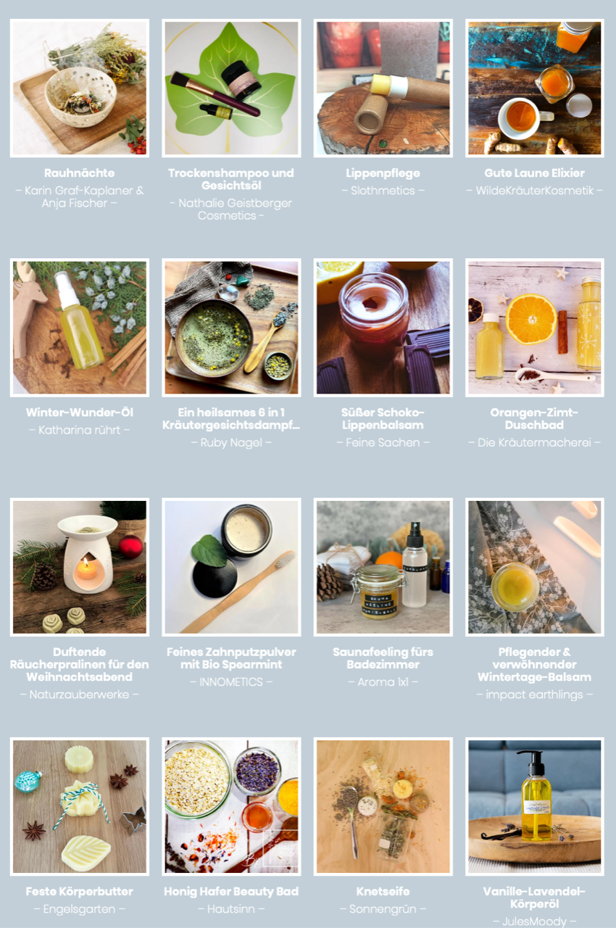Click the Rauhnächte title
coord(80,173)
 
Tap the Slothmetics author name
coord(383,191)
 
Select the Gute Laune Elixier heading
coord(534,173)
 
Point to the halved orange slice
coord(531,318)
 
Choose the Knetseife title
coord(383,891)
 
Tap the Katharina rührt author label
coord(80,430)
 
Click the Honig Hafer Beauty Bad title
coord(231,891)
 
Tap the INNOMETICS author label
coord(231,682)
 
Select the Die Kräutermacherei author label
coord(534,442)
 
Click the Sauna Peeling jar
coord(379,592)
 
